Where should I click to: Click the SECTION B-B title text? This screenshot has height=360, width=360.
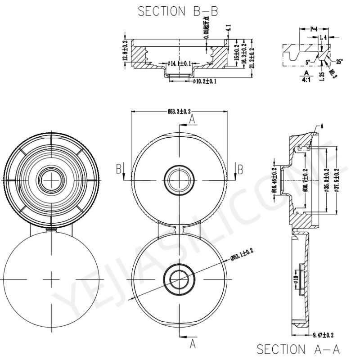click(x=178, y=11)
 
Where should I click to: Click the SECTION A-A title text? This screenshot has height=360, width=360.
click(x=297, y=349)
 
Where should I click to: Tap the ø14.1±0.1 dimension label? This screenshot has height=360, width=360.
click(x=179, y=63)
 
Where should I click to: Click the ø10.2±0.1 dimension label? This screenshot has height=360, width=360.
click(x=205, y=81)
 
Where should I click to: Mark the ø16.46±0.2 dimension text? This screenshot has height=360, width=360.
click(x=274, y=180)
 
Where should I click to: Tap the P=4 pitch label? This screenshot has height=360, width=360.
click(x=317, y=29)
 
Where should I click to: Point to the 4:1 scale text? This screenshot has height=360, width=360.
click(x=306, y=79)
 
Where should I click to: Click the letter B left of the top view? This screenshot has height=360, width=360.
click(x=119, y=169)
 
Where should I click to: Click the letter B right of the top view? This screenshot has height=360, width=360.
click(x=240, y=169)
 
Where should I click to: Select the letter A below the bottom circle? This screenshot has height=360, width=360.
click(x=192, y=344)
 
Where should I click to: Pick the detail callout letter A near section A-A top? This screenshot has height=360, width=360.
click(x=322, y=127)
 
